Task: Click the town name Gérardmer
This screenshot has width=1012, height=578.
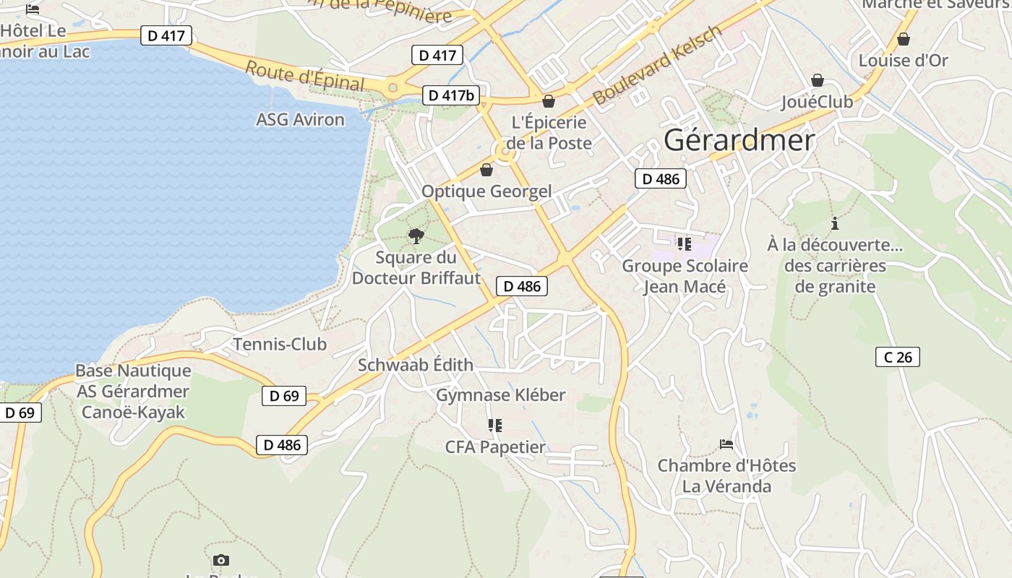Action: point(739,140)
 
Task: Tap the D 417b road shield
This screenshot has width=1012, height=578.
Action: point(451,95)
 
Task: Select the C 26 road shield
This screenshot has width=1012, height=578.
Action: point(897,356)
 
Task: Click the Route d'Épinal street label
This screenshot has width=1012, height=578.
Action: point(305,77)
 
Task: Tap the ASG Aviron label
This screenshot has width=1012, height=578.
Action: point(300,119)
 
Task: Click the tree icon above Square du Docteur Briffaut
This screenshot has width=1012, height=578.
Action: point(416,236)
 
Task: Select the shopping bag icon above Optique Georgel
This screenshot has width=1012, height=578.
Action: point(486,170)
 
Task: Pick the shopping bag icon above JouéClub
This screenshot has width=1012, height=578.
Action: point(818,79)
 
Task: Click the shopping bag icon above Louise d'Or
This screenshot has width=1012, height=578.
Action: point(903,39)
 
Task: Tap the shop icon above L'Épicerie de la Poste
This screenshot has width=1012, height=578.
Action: point(549,101)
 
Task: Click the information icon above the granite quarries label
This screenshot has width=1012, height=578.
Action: point(835,223)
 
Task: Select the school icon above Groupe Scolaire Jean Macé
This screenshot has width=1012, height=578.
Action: point(684,244)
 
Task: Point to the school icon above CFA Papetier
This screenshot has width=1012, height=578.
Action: point(494,425)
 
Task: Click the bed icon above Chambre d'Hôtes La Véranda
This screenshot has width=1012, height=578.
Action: point(726,444)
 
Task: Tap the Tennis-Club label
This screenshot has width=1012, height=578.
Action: point(280,344)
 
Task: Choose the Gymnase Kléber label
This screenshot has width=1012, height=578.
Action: point(500,395)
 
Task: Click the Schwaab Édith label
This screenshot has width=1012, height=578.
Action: point(416,365)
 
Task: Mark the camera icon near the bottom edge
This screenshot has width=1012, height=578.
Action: point(221,560)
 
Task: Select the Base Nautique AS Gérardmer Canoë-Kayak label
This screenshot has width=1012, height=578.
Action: point(134,392)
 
